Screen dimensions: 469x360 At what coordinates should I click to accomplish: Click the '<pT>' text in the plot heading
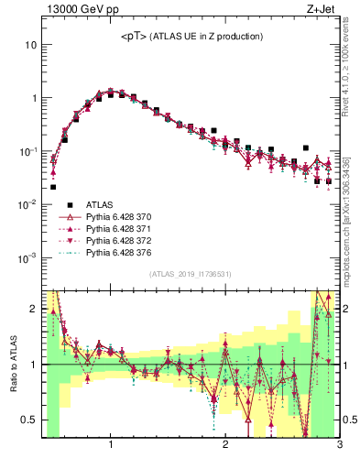point(135,37)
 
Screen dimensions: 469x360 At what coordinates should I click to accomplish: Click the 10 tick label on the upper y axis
point(30,44)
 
